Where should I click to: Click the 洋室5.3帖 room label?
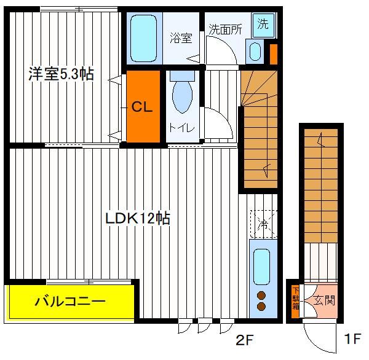[x=61, y=74]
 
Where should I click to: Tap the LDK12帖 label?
[x=138, y=219]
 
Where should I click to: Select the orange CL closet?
[x=143, y=106]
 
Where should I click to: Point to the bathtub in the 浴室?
[x=143, y=39]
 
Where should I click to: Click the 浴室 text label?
[x=181, y=38]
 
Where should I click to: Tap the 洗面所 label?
[x=226, y=29]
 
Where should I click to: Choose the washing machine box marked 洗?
[x=263, y=25]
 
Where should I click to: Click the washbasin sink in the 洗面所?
[x=255, y=52]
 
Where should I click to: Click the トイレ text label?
[x=181, y=128]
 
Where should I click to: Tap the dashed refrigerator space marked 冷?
[x=264, y=224]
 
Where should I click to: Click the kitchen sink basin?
[x=261, y=267]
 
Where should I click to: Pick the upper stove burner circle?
[x=261, y=295]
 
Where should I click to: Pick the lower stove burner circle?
[x=261, y=306]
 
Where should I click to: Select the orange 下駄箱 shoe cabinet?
[x=295, y=301]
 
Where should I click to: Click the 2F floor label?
[x=244, y=340]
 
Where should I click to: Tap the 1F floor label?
[x=352, y=339]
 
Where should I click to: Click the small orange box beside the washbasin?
[x=274, y=54]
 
